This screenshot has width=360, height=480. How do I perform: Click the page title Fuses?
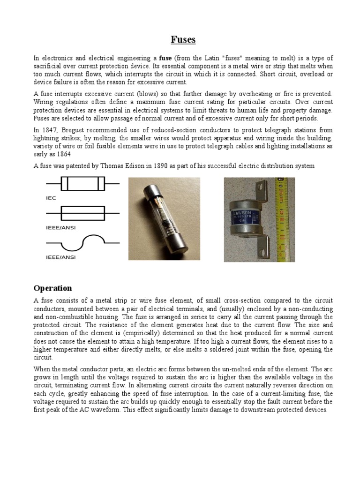tap(182, 40)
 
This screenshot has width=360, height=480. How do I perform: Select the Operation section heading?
tap(52, 288)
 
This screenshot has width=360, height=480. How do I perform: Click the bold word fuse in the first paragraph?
tap(165, 58)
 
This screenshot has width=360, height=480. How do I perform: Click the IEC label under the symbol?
tap(51, 198)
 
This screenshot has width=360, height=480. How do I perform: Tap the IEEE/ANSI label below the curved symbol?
tap(60, 257)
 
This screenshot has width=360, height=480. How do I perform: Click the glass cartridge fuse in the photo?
tap(165, 218)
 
